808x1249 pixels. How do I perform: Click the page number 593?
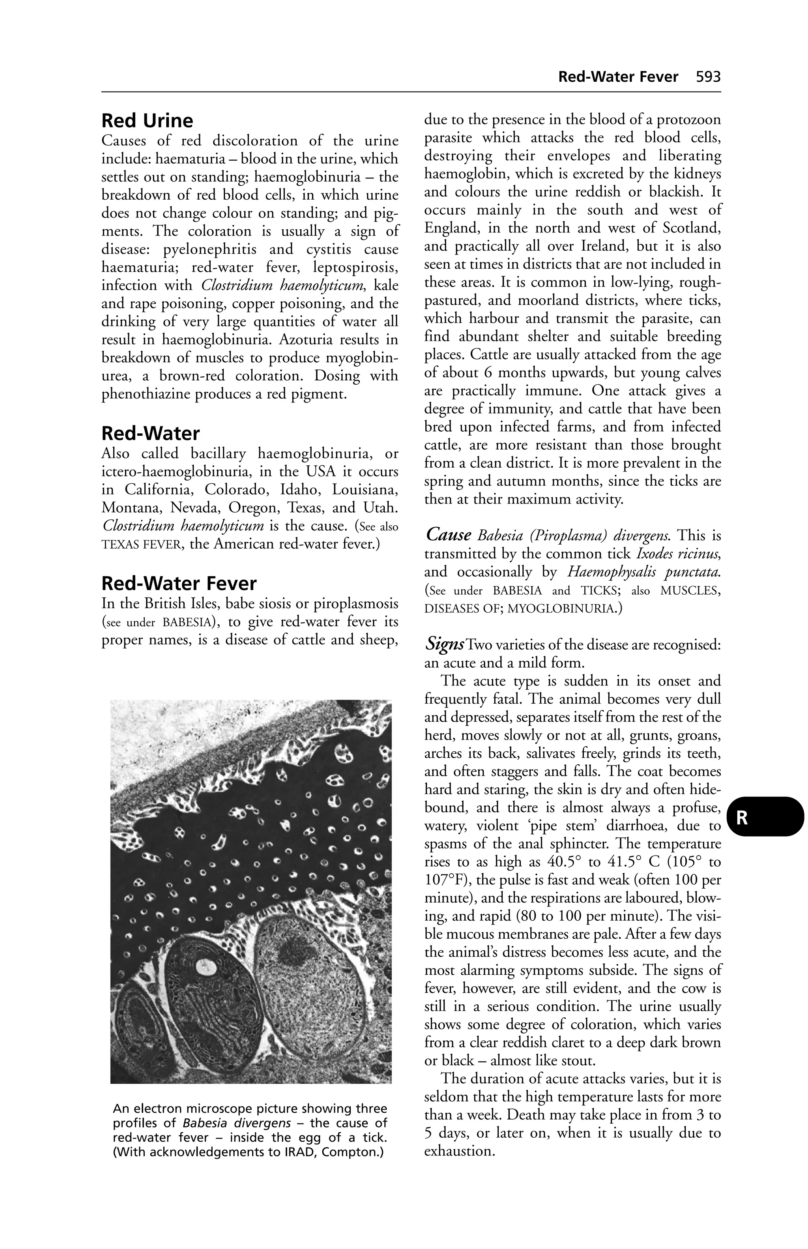click(x=708, y=77)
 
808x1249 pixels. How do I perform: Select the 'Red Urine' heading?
click(x=147, y=121)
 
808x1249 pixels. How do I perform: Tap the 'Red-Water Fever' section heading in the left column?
click(x=178, y=584)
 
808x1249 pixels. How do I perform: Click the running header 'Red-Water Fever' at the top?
click(x=617, y=77)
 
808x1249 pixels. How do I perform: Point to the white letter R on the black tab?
click(x=741, y=818)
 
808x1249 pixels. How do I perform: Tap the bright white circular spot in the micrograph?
click(x=202, y=964)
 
